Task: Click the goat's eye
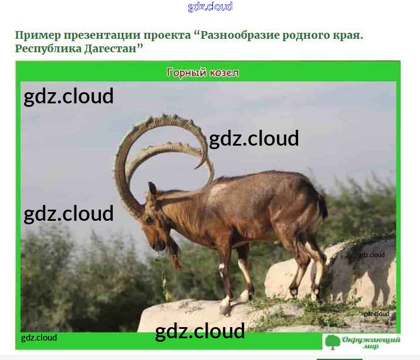pos(149,220)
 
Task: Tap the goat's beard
pos(172,251)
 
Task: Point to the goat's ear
pos(152,189)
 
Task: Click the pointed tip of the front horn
pos(195,168)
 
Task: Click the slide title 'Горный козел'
pos(202,72)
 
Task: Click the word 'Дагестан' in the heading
pos(110,49)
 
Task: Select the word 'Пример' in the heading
pos(38,35)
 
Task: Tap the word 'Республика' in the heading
pos(48,49)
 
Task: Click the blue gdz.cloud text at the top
pos(210,6)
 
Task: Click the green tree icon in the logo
pos(332,342)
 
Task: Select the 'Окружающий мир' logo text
pos(371,342)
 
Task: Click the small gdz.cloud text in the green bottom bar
pos(39,338)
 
